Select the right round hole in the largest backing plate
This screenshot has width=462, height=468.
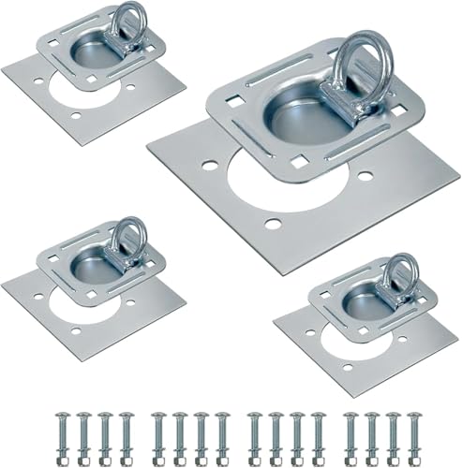pos(365,176)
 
